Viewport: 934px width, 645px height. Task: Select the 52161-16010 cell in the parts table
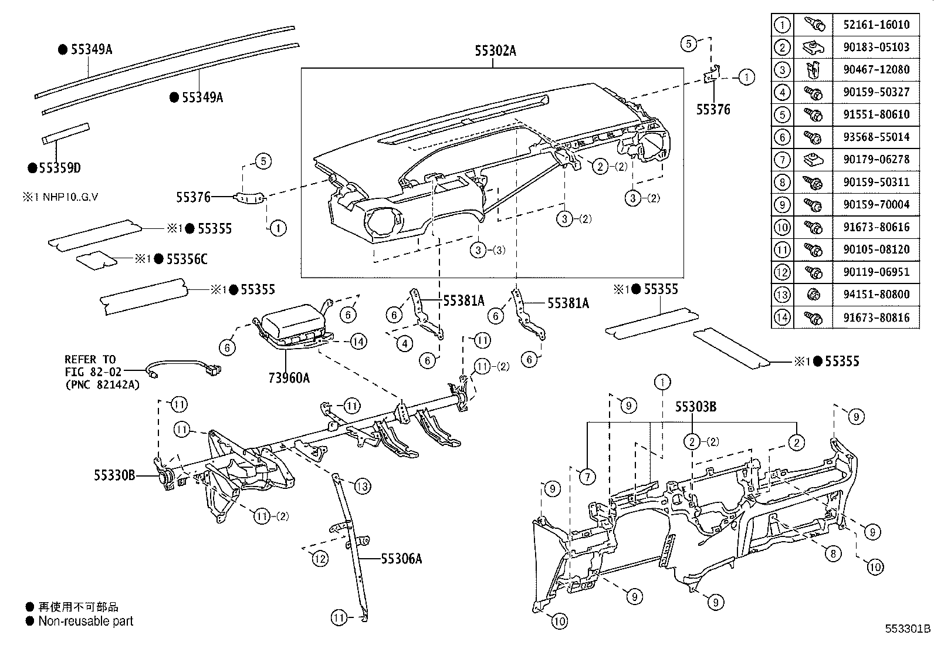876,25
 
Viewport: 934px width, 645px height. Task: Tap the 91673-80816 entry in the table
876,318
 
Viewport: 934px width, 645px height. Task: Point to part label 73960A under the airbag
289,377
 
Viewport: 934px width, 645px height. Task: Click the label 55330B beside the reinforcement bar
115,475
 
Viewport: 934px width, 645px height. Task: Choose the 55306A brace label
401,558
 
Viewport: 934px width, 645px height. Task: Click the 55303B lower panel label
695,407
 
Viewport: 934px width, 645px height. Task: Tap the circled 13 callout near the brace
363,486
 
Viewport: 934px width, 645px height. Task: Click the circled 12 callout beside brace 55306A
320,559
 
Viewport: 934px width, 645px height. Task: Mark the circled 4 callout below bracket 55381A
405,343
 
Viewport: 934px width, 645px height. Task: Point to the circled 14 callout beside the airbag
359,340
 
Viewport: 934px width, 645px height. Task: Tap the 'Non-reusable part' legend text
86,621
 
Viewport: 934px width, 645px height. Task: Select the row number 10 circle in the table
782,227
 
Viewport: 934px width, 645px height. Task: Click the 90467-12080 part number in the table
876,69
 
